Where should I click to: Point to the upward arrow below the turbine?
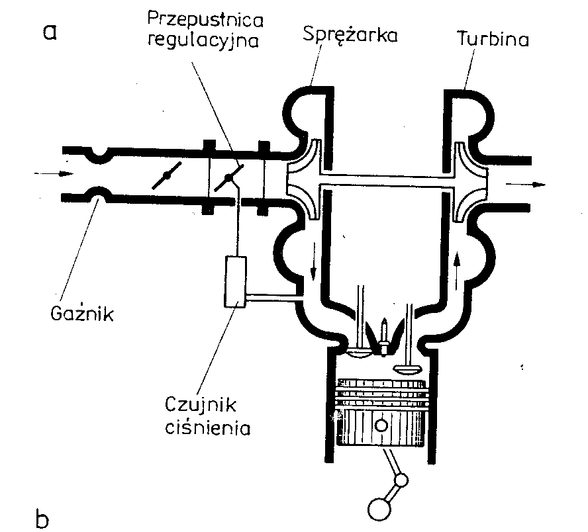(x=457, y=265)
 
